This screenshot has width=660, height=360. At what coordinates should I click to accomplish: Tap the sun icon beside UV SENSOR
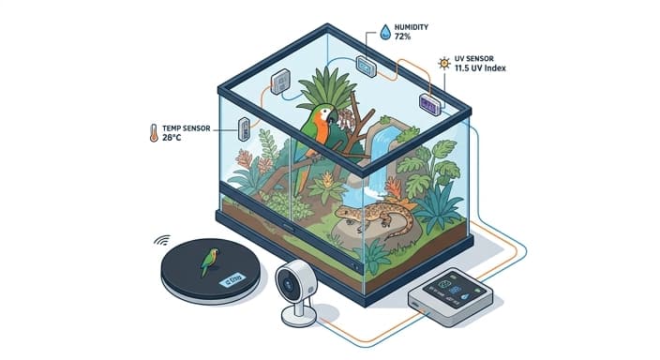[x=443, y=65]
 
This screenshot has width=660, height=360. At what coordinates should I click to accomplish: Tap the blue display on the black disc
[x=231, y=279]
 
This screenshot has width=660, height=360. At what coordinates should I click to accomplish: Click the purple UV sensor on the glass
[x=430, y=104]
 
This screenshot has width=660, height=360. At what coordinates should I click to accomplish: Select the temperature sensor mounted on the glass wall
[x=245, y=128]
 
